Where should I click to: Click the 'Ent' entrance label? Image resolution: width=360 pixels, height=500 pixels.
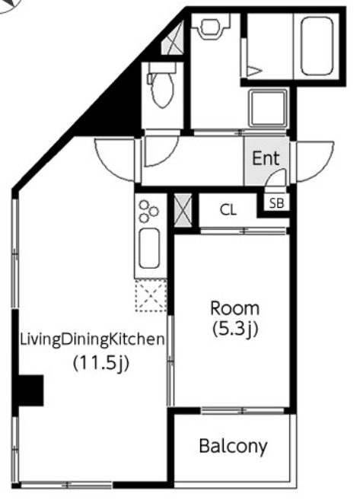point(266,158)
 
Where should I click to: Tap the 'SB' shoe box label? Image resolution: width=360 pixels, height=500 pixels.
point(276,203)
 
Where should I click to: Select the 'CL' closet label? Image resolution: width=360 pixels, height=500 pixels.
point(228,209)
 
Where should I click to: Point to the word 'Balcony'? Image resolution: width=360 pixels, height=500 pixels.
point(233,447)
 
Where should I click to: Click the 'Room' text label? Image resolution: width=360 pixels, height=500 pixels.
point(235,308)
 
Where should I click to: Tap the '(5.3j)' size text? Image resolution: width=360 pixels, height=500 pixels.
point(235,329)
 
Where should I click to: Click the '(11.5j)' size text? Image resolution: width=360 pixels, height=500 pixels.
point(101,363)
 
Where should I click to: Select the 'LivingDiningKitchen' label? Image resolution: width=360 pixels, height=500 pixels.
point(92,340)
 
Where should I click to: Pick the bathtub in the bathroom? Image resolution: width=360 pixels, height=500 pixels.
point(317,46)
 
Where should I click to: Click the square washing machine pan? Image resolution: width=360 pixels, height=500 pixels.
point(268,108)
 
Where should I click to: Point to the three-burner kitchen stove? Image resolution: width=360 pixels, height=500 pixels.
point(148,211)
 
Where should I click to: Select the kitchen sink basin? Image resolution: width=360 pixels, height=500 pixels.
point(149,248)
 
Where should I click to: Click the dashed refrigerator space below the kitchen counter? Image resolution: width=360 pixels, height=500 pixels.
point(151,295)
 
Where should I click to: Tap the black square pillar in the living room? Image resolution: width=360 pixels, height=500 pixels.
point(30,390)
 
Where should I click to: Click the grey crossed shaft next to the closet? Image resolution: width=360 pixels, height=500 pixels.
point(183,211)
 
